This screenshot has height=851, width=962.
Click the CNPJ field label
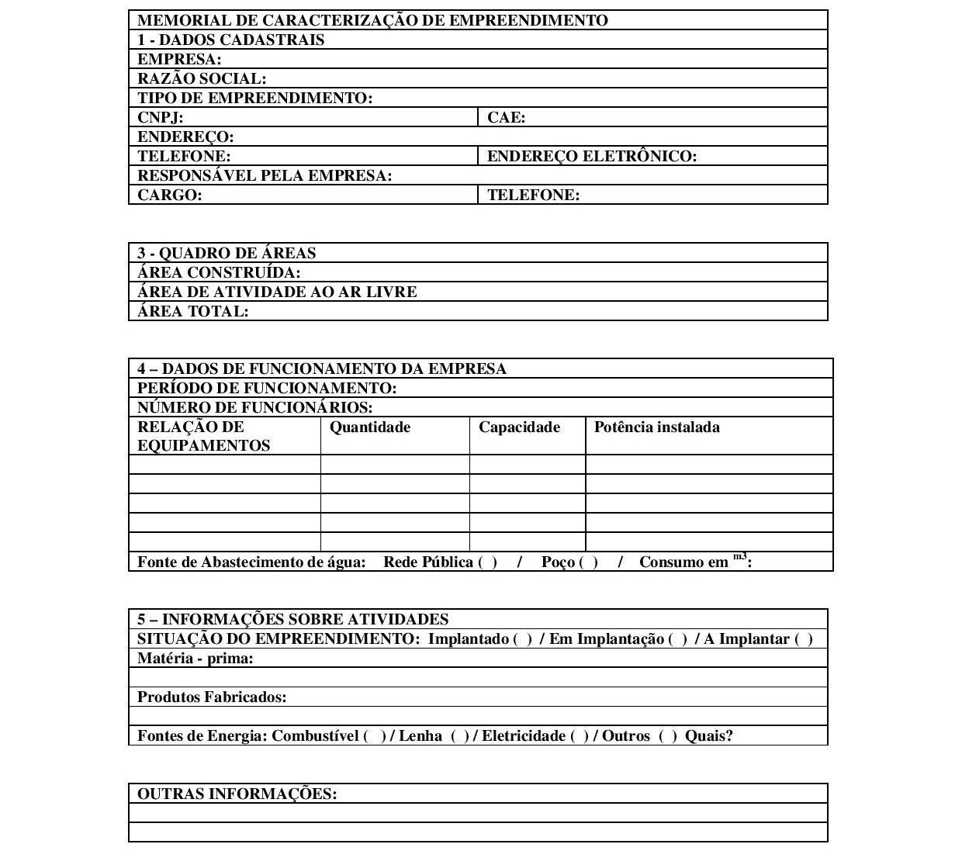(x=160, y=118)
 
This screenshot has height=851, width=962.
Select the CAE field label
(x=506, y=118)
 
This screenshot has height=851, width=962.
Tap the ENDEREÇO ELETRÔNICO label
(x=591, y=157)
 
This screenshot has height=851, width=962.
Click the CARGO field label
(x=169, y=195)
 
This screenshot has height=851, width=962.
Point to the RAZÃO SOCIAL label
(x=202, y=79)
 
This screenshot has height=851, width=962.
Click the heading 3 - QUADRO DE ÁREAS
(x=227, y=254)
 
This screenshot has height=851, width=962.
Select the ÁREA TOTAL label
(x=192, y=312)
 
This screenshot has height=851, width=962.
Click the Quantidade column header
(x=370, y=427)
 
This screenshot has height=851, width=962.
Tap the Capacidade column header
(x=519, y=427)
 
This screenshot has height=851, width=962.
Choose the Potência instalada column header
(x=656, y=427)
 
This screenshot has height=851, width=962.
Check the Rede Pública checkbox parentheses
(x=488, y=562)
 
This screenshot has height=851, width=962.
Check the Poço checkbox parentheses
(x=589, y=562)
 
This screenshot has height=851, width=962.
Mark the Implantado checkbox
(x=523, y=639)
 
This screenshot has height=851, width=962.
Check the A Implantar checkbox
(x=804, y=639)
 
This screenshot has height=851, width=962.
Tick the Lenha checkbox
(x=460, y=736)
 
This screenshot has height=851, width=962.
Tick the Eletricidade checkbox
(x=580, y=736)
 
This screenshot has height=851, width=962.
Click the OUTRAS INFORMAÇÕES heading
(x=237, y=794)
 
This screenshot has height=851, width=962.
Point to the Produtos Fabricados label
(x=212, y=697)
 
